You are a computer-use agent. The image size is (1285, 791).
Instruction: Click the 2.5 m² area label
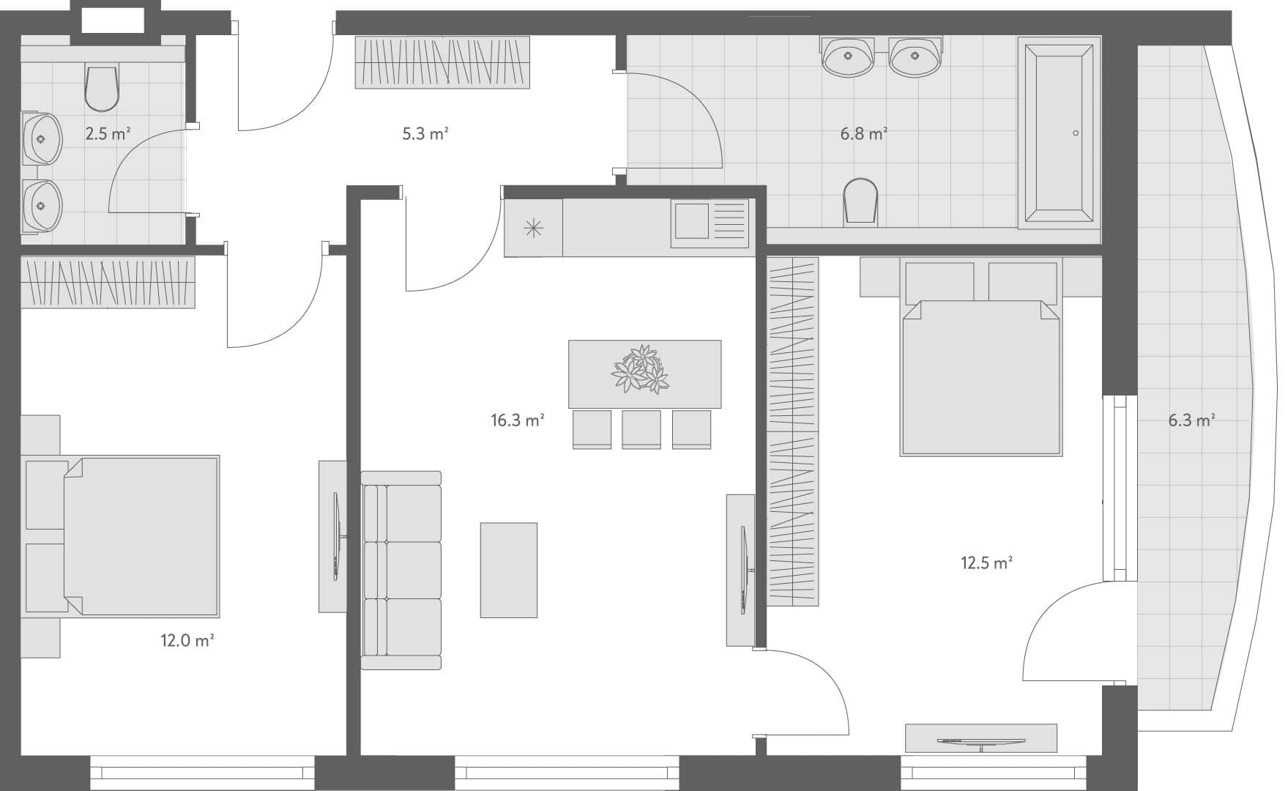(108, 134)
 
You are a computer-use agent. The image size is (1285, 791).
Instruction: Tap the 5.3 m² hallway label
(425, 134)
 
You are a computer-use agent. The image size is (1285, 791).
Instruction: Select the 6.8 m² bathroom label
(863, 134)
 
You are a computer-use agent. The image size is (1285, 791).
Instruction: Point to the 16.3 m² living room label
(517, 420)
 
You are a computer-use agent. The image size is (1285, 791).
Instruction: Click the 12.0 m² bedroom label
(187, 641)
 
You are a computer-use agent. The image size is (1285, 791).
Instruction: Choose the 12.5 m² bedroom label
(986, 563)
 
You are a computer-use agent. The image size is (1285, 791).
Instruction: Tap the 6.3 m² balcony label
(1191, 420)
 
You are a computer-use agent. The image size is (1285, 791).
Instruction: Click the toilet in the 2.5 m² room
(102, 88)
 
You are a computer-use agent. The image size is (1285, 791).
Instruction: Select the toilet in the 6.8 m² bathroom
(860, 200)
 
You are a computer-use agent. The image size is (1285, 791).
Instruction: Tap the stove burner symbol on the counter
(534, 228)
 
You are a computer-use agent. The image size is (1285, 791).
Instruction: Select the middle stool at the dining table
(641, 429)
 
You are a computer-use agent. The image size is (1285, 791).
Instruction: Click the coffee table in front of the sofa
(509, 570)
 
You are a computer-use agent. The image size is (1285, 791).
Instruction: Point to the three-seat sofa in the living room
(402, 570)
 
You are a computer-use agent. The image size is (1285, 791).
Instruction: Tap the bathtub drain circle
(1076, 133)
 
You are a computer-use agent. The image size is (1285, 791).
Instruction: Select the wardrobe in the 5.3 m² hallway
(442, 62)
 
